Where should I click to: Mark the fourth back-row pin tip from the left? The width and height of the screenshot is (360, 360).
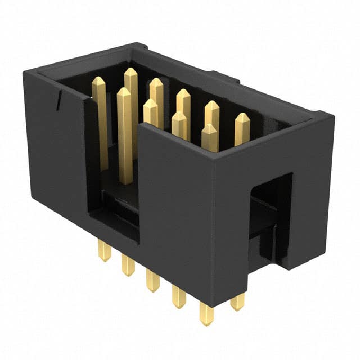[x=212, y=106]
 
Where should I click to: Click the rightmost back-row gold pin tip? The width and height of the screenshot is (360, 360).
[x=242, y=118]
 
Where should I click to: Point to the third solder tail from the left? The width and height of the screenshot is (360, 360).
[x=152, y=281]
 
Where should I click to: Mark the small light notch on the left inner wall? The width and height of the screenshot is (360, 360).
[x=58, y=100]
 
